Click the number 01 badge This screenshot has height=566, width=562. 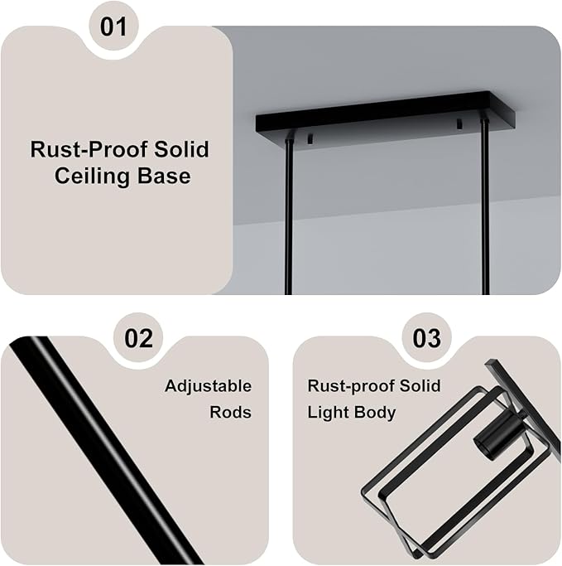tap(113, 27)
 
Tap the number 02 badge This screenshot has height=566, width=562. tap(138, 338)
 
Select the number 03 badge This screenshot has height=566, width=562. tap(426, 338)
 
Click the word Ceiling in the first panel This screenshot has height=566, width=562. tap(92, 176)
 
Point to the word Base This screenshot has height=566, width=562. tap(164, 176)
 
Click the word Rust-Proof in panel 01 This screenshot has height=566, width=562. tap(89, 149)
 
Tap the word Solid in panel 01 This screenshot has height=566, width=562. tap(182, 148)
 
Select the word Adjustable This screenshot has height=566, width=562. tap(208, 386)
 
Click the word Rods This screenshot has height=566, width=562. tap(230, 412)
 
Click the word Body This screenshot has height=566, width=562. tap(372, 413)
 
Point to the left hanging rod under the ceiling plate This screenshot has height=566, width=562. tap(289, 217)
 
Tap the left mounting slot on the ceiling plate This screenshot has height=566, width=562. tap(310, 139)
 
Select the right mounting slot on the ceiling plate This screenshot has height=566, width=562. tap(459, 123)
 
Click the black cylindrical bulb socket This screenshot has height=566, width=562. tap(498, 436)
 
